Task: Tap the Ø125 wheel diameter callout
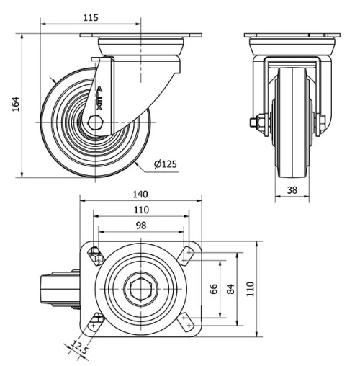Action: tap(166, 164)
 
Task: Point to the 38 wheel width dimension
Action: tap(292, 190)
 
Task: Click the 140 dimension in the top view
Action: tap(140, 195)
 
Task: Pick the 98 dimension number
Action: tap(140, 226)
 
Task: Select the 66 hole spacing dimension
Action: tap(213, 288)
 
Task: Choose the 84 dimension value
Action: tap(230, 288)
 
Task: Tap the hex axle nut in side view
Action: tap(94, 123)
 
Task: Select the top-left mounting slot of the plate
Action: tap(95, 254)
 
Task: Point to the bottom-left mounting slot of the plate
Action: tap(96, 322)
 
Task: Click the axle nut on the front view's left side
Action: tap(257, 122)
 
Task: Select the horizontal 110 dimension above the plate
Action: tap(140, 210)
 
